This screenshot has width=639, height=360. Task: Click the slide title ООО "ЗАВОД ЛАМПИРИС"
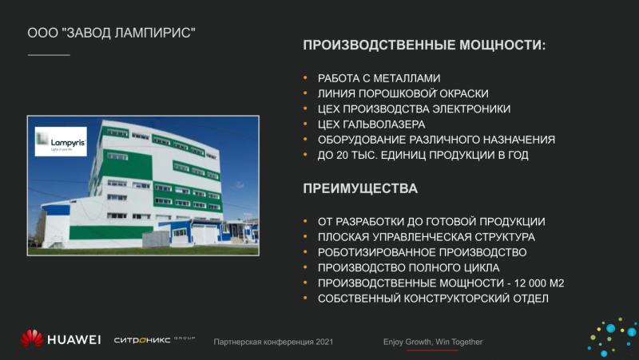(x=111, y=33)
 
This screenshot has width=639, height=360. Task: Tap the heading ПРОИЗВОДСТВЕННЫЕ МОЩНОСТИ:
(x=424, y=45)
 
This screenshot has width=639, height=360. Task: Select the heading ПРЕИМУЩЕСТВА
(x=360, y=188)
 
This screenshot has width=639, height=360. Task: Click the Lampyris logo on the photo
(x=61, y=141)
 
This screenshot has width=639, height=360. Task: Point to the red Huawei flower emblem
(x=32, y=338)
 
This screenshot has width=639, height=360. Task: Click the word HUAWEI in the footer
(x=73, y=339)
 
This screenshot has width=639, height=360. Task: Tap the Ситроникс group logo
(x=154, y=339)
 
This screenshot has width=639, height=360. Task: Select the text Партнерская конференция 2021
(x=273, y=342)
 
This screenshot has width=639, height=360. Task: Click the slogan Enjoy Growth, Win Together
(x=433, y=342)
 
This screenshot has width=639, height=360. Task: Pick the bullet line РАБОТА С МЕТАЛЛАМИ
(x=379, y=78)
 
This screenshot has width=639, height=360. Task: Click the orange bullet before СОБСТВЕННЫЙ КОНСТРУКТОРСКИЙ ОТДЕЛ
(x=305, y=298)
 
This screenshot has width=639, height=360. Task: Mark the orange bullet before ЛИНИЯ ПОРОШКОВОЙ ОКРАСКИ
(x=305, y=93)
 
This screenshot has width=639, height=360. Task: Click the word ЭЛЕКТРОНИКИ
(x=471, y=109)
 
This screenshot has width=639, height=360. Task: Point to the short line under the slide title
(x=49, y=54)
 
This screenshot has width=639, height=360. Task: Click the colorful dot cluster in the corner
(x=612, y=337)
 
